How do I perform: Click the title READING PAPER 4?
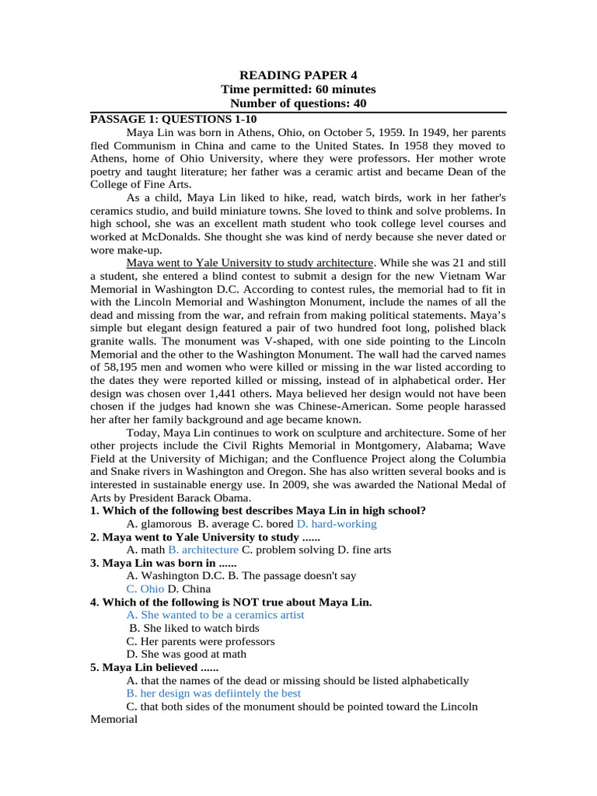pos(298,75)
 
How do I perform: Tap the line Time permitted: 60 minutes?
pos(298,89)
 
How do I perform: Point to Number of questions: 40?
pos(298,103)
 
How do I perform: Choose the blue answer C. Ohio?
pos(145,589)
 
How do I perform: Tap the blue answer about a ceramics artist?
pos(215,615)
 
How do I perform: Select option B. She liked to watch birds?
pos(194,628)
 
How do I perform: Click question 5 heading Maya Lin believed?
pos(155,667)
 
